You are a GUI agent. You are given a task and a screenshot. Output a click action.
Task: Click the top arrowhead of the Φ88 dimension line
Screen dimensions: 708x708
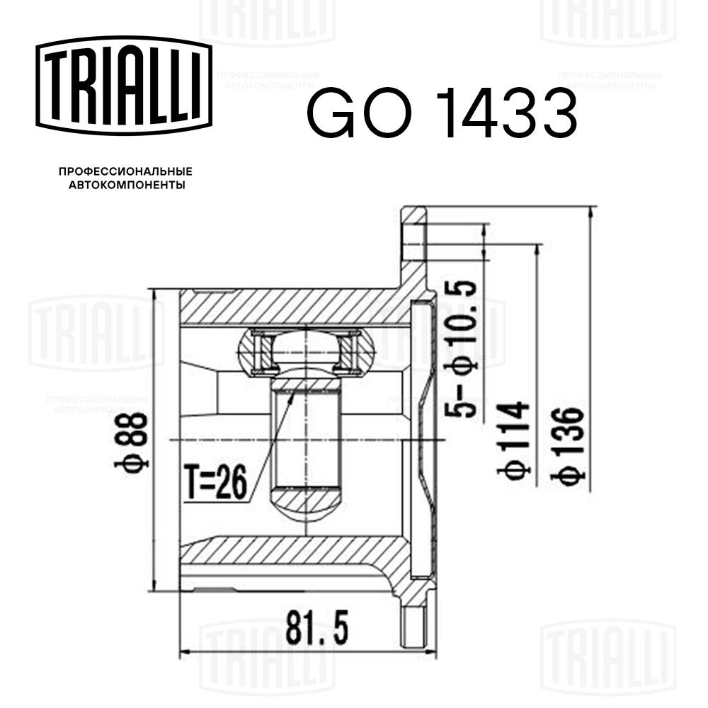tap(153, 293)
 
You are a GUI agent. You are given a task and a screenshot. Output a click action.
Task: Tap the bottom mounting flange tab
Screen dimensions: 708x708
tap(415, 623)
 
